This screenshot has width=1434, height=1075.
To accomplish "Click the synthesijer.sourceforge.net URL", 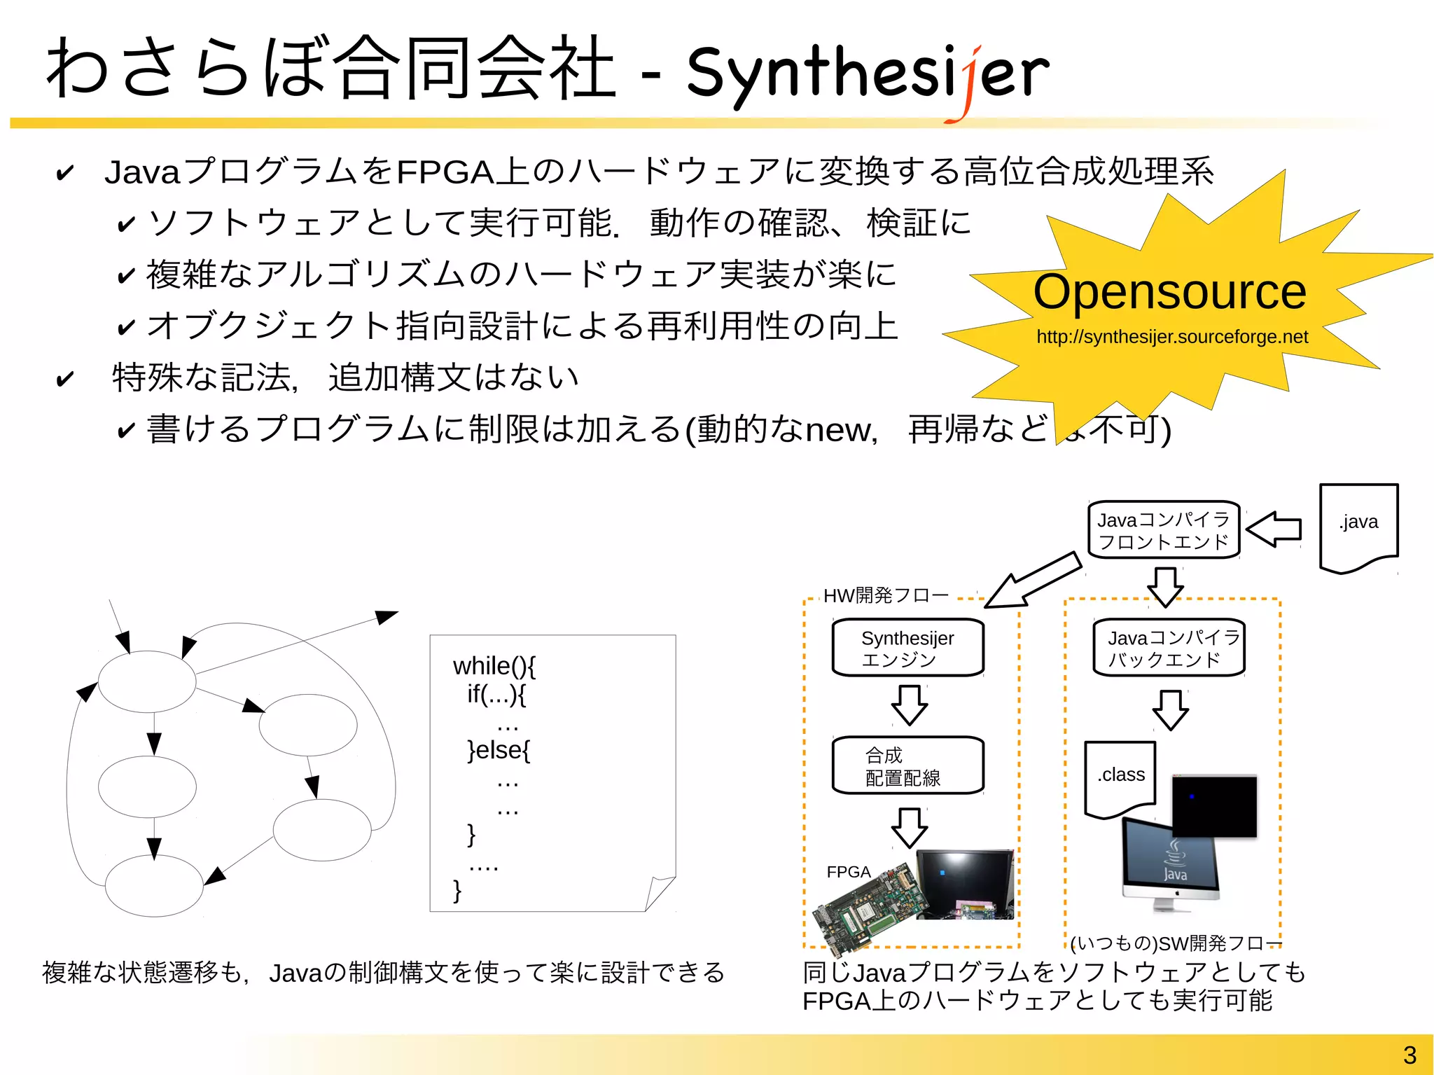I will pos(1172,337).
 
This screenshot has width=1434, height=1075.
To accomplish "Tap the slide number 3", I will pos(1409,1055).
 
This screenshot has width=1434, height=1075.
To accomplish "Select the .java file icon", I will pos(1358,527).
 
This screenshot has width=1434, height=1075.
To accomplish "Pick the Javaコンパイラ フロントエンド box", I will pos(1164,530).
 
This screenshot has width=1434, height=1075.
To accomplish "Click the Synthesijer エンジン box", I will pos(908,648).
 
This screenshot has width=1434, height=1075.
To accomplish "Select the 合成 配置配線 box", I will pos(908,765).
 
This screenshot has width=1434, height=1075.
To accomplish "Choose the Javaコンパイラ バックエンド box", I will pos(1169,648).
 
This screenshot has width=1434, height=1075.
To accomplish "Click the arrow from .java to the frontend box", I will pos(1274,529).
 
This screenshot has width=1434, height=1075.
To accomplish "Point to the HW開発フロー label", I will pos(886,596).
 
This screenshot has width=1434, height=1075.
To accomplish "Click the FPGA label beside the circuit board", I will pos(848,872).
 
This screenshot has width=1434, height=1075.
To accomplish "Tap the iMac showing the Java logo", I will pos(1169,865).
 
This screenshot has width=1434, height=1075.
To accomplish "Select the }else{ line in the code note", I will pos(499,750).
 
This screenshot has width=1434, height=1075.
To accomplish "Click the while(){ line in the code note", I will pos(494,666).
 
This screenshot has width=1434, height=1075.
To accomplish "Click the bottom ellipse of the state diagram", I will pos(154,886).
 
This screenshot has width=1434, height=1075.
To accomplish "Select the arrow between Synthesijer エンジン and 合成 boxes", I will pos(910,705).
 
